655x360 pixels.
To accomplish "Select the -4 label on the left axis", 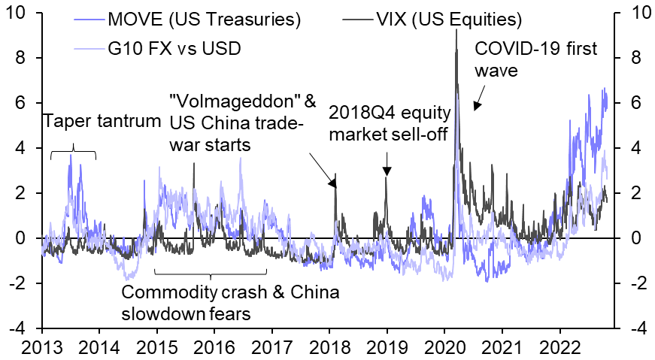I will (x=23, y=328).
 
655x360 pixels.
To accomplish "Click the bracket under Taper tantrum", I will (x=73, y=154).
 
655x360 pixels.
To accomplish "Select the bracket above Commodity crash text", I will (x=211, y=272).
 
